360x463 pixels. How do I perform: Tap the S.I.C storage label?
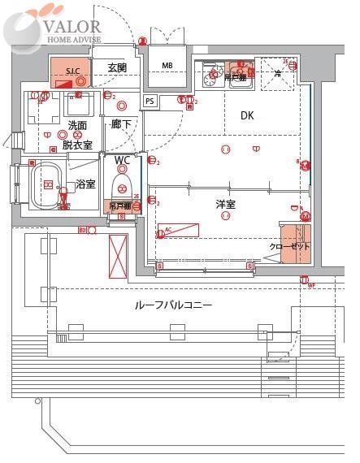[x=72, y=72]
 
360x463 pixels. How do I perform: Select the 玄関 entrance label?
[x=117, y=68]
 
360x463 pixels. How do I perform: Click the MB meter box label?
[x=167, y=66]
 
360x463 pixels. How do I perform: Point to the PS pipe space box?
[x=150, y=101]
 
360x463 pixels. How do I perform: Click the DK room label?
[x=247, y=116]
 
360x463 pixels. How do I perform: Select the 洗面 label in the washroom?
[x=78, y=126]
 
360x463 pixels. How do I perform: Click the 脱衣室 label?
[x=77, y=145]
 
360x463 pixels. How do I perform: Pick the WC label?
[x=122, y=160]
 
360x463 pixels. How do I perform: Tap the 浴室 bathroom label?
[x=85, y=185]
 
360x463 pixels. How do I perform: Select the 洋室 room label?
[x=225, y=205]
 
